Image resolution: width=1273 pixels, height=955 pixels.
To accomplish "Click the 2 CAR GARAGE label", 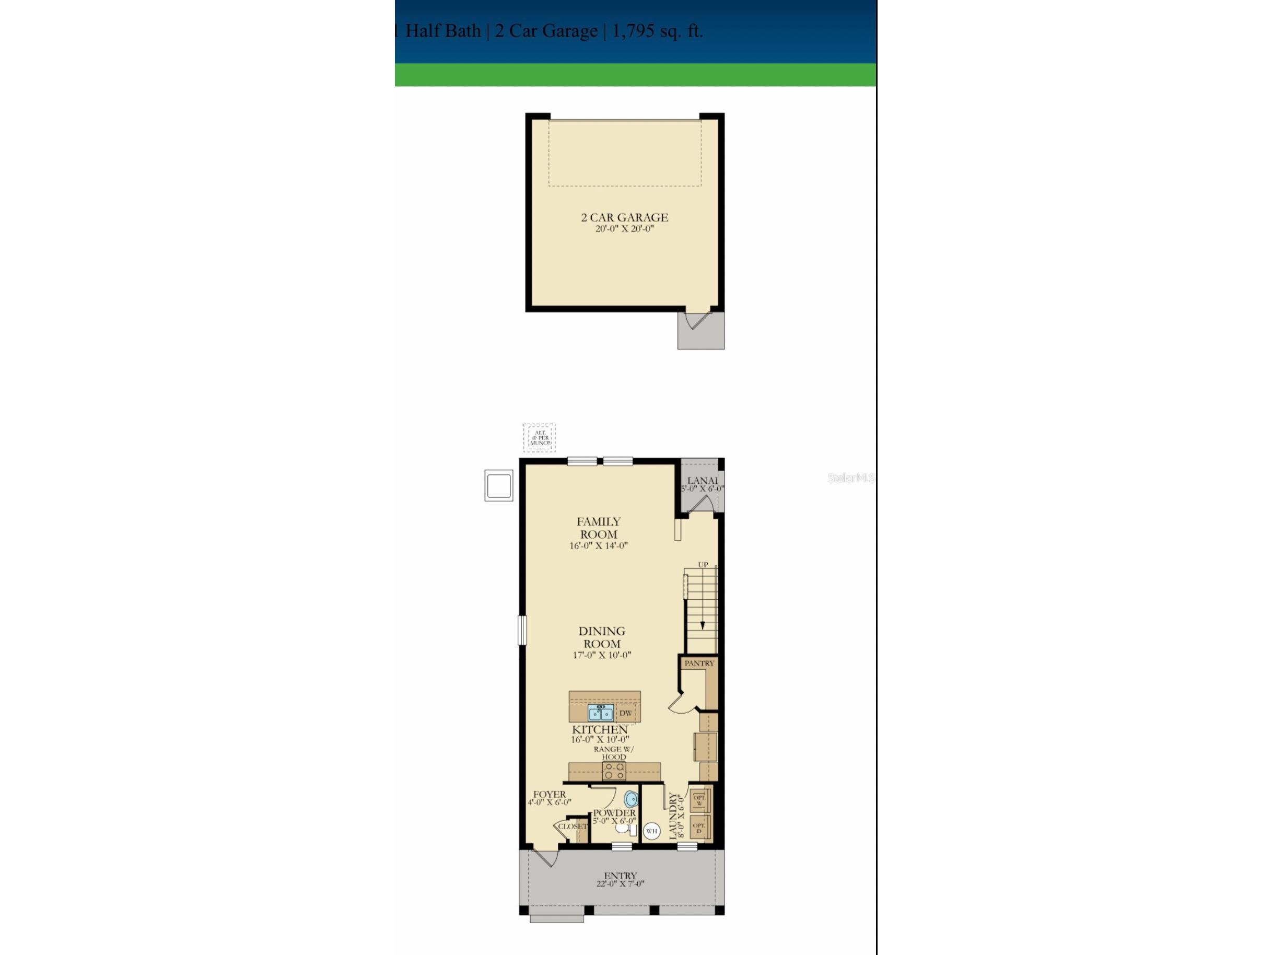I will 624,218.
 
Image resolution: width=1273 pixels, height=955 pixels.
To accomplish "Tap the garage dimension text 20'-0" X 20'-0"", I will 624,229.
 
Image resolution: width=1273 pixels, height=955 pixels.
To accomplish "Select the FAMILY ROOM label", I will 599,528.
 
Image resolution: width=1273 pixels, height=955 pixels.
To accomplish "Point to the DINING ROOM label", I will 602,637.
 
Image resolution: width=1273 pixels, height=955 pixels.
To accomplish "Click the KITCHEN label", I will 600,729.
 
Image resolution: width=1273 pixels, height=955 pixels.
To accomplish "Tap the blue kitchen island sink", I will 600,713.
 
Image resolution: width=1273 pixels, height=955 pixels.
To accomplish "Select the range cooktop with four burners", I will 613,771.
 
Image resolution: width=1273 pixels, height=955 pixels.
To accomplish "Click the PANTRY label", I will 699,663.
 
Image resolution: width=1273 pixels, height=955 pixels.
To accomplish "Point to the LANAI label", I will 703,481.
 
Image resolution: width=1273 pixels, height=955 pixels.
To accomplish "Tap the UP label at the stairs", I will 703,565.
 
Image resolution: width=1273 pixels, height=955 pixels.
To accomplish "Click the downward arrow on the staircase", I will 702,625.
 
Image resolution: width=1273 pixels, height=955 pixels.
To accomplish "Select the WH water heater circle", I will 651,831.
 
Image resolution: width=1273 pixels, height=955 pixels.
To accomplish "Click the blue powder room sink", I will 632,799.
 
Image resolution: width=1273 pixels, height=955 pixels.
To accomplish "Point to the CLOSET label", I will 573,826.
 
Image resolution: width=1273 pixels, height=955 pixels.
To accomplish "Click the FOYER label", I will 549,795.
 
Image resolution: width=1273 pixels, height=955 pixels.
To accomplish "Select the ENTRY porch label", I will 621,876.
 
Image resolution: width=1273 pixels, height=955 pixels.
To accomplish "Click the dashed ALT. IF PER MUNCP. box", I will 539,438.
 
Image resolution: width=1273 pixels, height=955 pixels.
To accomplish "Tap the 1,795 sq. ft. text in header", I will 657,31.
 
